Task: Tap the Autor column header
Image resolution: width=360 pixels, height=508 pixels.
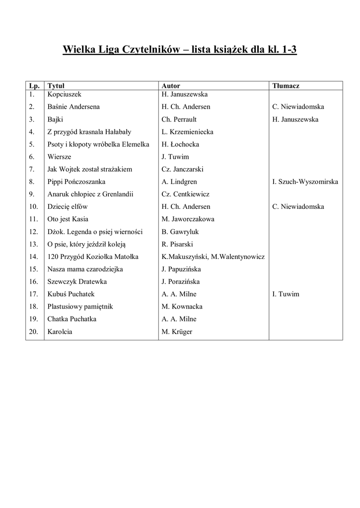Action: tap(171, 86)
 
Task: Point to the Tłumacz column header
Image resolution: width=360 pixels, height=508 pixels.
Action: tap(286, 86)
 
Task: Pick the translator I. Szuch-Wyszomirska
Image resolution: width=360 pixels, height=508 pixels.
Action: tap(305, 182)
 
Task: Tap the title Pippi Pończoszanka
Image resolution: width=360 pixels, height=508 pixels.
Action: tap(76, 182)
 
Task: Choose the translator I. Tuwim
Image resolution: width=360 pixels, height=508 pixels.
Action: tap(286, 294)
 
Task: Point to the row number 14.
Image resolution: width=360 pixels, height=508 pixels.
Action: tap(33, 256)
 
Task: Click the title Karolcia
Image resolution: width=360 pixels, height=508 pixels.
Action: tap(60, 331)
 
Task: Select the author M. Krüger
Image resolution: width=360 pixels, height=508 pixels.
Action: tap(177, 331)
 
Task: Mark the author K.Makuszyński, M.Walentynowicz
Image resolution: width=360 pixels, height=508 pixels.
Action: tap(213, 256)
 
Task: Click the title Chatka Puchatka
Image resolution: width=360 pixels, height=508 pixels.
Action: tap(72, 319)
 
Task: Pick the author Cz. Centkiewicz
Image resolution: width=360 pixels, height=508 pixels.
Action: tap(185, 194)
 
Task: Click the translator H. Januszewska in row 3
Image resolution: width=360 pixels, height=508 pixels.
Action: tap(295, 119)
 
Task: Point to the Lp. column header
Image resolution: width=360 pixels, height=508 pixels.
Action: tap(33, 86)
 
